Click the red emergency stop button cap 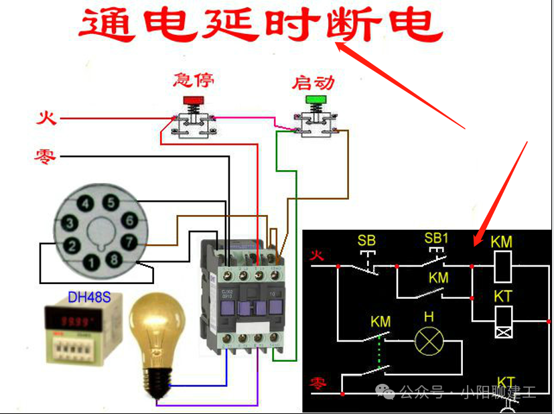[194, 101]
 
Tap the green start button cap [314, 101]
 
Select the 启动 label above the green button [313, 83]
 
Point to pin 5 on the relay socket [111, 203]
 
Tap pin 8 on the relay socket [115, 259]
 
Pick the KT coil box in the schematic [502, 320]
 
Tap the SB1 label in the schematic [436, 238]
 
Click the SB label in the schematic [366, 240]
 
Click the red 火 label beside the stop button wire [46, 119]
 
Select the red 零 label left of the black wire [46, 157]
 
